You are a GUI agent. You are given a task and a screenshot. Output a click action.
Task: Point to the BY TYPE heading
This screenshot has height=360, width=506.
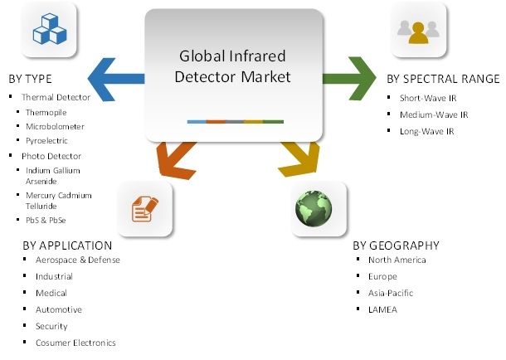[x=31, y=80]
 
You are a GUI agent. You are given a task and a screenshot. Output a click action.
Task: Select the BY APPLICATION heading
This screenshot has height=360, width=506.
[x=67, y=246]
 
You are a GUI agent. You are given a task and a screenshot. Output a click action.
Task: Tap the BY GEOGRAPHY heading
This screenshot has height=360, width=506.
[x=396, y=246]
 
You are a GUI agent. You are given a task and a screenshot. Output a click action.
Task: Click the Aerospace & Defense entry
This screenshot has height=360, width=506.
[x=78, y=260]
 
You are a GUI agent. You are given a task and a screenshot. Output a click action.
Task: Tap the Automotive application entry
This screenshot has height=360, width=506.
[x=59, y=309]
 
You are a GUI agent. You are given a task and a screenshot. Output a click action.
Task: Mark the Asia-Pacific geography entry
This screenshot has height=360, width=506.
[x=391, y=293]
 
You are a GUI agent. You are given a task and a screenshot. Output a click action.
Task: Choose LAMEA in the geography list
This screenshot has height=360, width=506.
[x=384, y=309]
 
